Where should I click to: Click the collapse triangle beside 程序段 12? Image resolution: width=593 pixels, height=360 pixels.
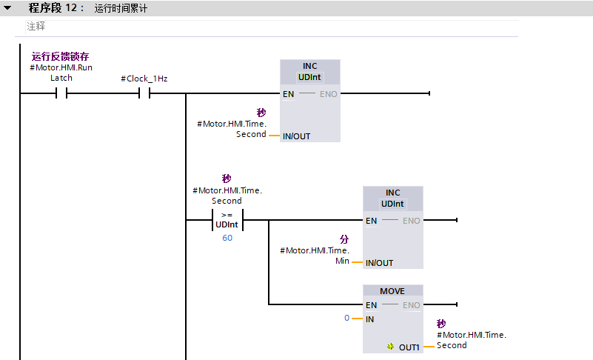tap(7, 7)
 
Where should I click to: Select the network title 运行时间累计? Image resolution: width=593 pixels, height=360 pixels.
tap(121, 8)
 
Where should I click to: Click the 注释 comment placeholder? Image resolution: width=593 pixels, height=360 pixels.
tap(36, 26)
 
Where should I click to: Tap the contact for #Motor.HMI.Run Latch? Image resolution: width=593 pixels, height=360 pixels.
tap(61, 93)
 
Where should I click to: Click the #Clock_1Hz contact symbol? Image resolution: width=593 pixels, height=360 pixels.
tap(144, 93)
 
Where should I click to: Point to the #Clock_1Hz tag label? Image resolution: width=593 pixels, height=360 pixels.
tap(144, 79)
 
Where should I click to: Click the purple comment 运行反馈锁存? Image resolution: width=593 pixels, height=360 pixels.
tap(60, 56)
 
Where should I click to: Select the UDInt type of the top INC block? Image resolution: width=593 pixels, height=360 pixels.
tap(309, 77)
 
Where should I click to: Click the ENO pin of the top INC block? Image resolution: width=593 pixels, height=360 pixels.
tap(328, 94)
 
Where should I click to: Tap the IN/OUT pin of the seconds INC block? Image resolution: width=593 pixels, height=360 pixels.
tap(296, 136)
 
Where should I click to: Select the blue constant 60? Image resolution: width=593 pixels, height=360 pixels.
tap(227, 238)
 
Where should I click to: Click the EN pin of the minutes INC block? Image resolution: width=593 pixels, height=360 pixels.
tap(372, 221)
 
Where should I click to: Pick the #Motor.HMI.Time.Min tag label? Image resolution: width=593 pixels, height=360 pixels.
tap(315, 256)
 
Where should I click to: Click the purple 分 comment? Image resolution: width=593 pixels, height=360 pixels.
tap(344, 239)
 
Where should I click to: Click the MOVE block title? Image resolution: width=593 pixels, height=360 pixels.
tap(392, 291)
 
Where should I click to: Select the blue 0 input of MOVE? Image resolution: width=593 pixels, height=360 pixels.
tap(346, 318)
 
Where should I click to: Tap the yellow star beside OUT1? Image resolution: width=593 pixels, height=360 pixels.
tap(391, 347)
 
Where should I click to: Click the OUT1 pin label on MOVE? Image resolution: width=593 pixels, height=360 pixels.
tap(409, 347)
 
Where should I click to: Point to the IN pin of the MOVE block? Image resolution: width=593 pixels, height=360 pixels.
tap(370, 319)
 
